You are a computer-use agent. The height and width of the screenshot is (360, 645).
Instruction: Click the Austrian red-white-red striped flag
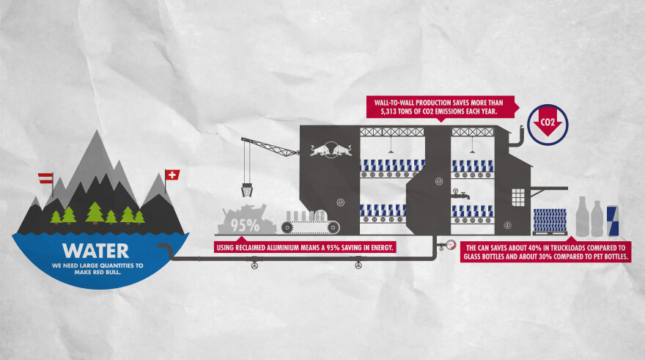tap(45, 178)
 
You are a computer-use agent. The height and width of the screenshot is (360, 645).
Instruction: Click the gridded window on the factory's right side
tap(518, 196)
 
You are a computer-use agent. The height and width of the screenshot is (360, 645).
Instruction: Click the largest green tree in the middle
tap(95, 213)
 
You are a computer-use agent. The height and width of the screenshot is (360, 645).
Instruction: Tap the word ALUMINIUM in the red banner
tap(277, 247)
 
